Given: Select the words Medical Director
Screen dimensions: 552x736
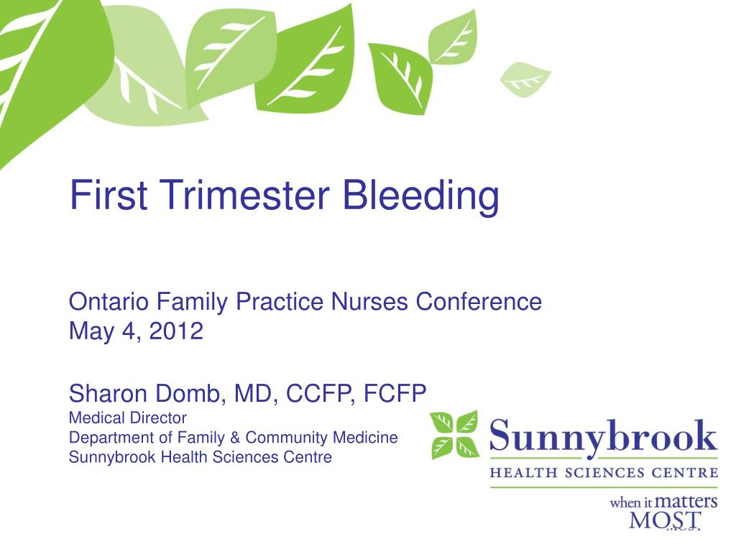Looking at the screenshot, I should [127, 418].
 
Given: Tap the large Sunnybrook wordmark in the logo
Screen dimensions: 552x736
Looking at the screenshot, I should [603, 436].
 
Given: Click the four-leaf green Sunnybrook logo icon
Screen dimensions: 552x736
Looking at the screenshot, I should [454, 434].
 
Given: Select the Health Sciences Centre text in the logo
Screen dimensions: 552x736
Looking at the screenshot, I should [603, 472].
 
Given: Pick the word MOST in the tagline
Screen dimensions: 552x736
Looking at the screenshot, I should [665, 521].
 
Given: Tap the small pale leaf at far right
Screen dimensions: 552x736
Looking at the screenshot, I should [525, 78].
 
